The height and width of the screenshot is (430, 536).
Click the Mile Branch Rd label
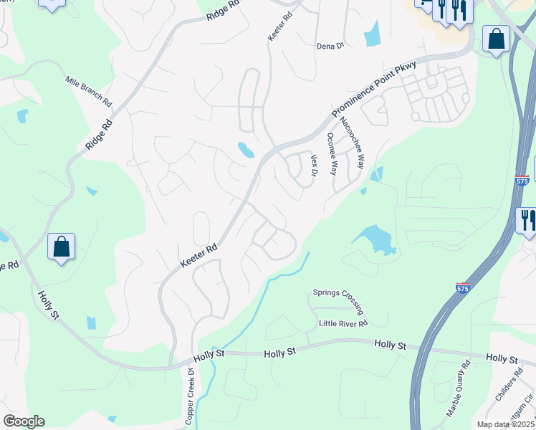pyautogui.click(x=88, y=91)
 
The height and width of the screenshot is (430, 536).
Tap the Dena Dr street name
pyautogui.click(x=330, y=46)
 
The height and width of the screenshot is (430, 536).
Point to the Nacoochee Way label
pyautogui.click(x=352, y=142)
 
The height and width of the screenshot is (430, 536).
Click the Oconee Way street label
pyautogui.click(x=332, y=153)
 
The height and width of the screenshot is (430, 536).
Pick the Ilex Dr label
pyautogui.click(x=314, y=165)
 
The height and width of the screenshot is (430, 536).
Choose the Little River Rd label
pyautogui.click(x=343, y=324)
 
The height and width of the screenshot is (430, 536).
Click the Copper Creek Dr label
pyautogui.click(x=191, y=397)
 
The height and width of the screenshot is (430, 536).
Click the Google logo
pyautogui.click(x=24, y=421)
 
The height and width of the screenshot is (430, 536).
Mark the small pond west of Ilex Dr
pyautogui.click(x=246, y=150)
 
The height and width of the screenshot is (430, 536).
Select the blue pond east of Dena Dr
pyautogui.click(x=372, y=33)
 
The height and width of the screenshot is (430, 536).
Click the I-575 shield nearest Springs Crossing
pyautogui.click(x=462, y=287)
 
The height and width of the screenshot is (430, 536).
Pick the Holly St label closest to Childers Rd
pyautogui.click(x=502, y=358)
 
